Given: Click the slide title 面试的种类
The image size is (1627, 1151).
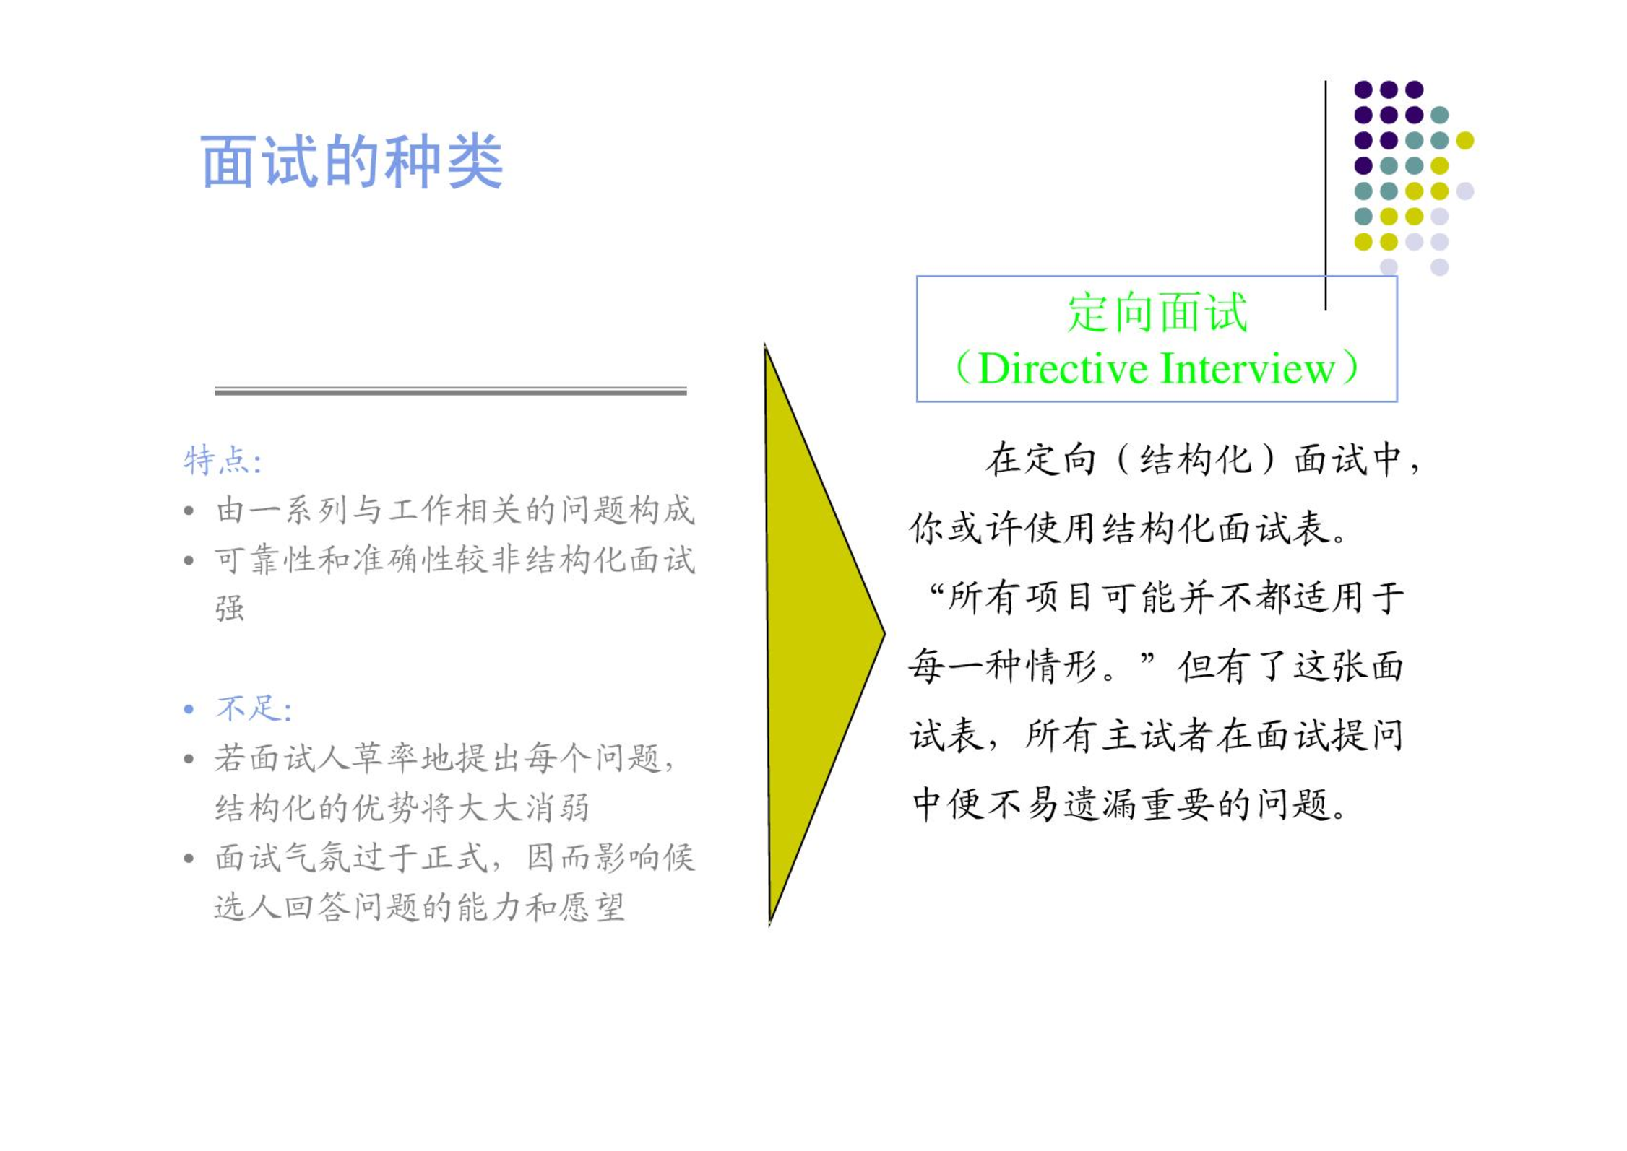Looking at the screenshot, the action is point(351,162).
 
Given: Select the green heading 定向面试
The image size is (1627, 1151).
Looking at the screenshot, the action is point(1157,313).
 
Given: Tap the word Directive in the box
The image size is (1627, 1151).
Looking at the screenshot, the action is point(1062,368).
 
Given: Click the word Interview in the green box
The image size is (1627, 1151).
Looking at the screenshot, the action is point(1248,368).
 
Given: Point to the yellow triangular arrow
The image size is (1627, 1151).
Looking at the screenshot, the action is point(816,634).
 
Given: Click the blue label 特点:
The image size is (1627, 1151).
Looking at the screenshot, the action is point(222,461).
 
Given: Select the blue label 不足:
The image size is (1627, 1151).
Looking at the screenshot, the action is point(254,708).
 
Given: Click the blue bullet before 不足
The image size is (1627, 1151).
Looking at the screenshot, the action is point(189,709).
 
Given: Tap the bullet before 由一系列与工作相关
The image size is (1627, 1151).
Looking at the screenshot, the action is point(189,511).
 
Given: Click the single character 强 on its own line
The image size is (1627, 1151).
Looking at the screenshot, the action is point(230,608).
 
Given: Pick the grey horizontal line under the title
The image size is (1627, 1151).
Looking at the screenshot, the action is point(450,391).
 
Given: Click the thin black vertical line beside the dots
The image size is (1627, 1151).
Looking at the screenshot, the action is point(1325,195).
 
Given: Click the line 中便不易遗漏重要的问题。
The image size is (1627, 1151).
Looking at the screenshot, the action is point(1130,804).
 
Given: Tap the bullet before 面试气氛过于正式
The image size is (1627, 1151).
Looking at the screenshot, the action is point(189,858).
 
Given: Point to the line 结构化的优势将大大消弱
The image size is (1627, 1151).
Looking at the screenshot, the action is point(402,807).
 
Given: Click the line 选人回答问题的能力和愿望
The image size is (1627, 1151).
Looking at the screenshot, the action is point(419,907).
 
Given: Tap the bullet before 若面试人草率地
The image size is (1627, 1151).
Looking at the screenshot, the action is point(189,758).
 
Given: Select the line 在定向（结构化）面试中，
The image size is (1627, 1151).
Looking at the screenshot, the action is point(1202,460).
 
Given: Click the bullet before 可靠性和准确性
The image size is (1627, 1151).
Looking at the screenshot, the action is point(189,560).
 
